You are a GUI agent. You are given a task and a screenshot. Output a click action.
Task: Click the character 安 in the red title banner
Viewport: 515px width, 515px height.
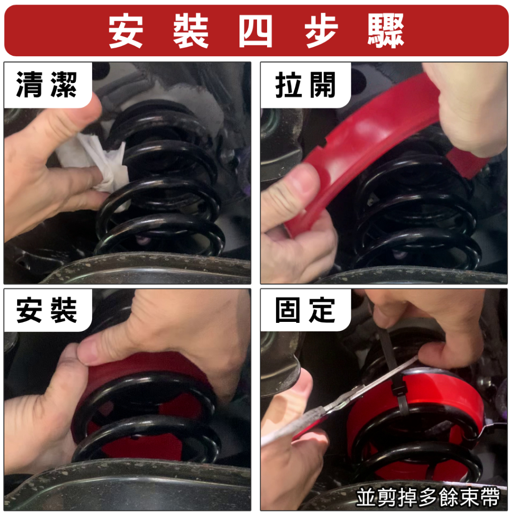[126, 31]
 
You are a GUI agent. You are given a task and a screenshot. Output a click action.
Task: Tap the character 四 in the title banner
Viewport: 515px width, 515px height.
[255, 31]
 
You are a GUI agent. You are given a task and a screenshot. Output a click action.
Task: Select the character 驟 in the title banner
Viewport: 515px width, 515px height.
[386, 31]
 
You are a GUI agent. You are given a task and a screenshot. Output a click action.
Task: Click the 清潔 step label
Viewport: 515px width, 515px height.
[46, 84]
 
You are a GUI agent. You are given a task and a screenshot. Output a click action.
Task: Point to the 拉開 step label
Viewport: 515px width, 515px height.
[305, 84]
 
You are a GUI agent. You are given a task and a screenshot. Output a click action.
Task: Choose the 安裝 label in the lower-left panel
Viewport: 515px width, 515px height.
[46, 310]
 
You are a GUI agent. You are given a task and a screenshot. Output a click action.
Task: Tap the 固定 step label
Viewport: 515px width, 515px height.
[305, 310]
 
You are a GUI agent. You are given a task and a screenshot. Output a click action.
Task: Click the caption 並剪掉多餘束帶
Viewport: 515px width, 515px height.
[427, 497]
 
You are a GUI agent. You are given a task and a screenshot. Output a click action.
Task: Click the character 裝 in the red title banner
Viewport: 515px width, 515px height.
[191, 31]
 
